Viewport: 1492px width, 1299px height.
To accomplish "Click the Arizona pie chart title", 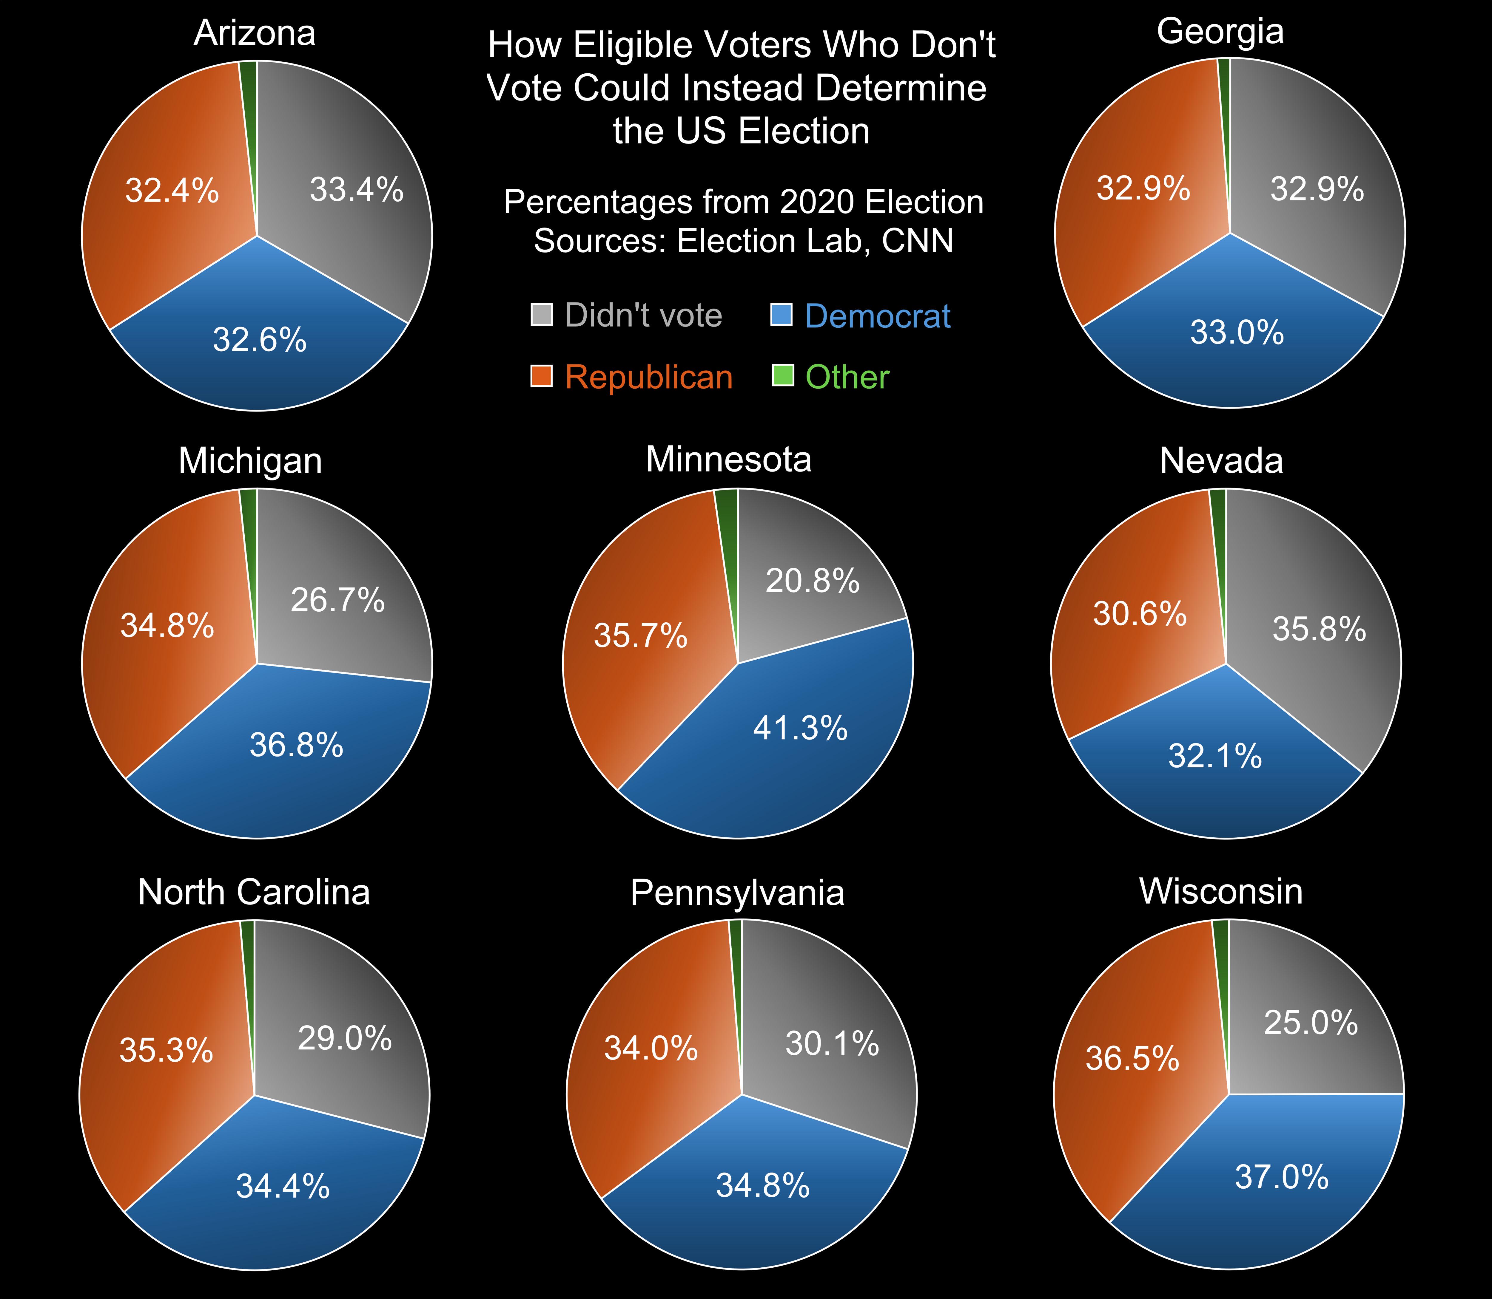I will tap(255, 33).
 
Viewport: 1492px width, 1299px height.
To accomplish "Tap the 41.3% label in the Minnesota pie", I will tap(800, 728).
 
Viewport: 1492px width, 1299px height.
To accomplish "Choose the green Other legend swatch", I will tap(783, 375).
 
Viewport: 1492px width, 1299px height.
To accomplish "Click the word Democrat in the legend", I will tap(878, 316).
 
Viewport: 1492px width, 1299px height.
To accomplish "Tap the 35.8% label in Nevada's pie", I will tap(1319, 629).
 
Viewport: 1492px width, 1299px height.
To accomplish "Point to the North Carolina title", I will tap(254, 892).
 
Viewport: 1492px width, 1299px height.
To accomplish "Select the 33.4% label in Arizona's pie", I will tap(356, 190).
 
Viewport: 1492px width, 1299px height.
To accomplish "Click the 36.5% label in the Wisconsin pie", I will tap(1132, 1059).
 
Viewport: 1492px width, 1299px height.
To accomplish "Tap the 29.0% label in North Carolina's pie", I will tap(345, 1039).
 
